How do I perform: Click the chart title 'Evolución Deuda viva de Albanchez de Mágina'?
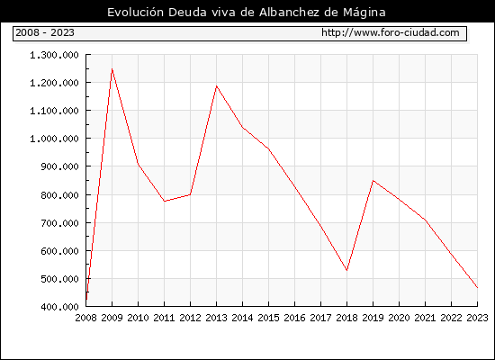point(247,13)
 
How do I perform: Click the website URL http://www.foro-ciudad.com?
point(391,32)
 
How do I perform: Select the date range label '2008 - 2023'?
point(45,32)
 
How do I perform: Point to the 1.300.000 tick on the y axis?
point(54,55)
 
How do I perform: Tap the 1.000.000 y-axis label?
point(54,139)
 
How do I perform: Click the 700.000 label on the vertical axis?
point(59,223)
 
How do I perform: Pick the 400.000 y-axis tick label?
point(59,307)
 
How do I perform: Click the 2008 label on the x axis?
point(85,318)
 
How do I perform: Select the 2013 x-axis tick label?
point(216,318)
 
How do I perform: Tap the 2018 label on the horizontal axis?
point(346,318)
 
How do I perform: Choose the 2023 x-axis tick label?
point(477,318)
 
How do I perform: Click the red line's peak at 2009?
point(112,68)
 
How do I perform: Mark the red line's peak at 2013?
point(216,85)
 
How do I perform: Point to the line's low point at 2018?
point(346,270)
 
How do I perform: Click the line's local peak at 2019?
point(373,181)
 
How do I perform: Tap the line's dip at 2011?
point(164,202)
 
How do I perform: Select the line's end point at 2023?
point(477,288)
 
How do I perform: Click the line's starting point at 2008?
point(86,299)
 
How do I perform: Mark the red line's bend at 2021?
point(425,220)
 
